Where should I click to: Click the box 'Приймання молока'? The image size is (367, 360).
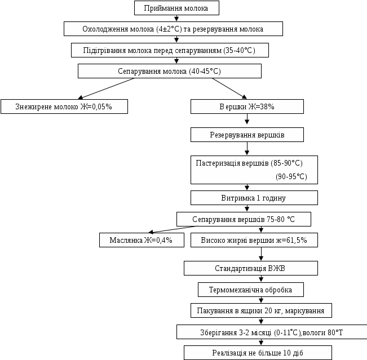pyautogui.click(x=176, y=8)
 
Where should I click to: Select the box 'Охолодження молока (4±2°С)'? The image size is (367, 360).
pyautogui.click(x=173, y=29)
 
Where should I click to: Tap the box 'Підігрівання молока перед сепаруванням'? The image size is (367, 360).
pyautogui.click(x=169, y=50)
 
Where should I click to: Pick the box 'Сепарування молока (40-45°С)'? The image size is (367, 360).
pyautogui.click(x=169, y=71)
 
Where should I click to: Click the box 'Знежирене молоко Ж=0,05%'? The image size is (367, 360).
pyautogui.click(x=64, y=106)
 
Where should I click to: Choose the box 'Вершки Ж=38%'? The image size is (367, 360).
pyautogui.click(x=247, y=106)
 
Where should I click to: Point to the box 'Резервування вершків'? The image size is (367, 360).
pyautogui.click(x=247, y=135)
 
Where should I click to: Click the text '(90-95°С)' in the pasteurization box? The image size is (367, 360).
pyautogui.click(x=291, y=176)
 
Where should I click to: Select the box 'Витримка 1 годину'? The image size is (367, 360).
pyautogui.click(x=254, y=198)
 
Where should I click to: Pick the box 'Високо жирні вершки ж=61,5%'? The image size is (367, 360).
pyautogui.click(x=254, y=240)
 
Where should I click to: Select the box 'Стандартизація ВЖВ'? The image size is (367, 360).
pyautogui.click(x=250, y=268)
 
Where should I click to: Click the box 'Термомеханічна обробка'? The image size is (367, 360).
pyautogui.click(x=250, y=290)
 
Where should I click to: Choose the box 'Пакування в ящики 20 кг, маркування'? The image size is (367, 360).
pyautogui.click(x=261, y=310)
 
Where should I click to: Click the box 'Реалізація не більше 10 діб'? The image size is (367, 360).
pyautogui.click(x=258, y=353)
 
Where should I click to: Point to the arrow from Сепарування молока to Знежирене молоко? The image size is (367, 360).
pyautogui.click(x=107, y=87)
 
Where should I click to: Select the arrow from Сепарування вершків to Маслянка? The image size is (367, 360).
pyautogui.click(x=169, y=229)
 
